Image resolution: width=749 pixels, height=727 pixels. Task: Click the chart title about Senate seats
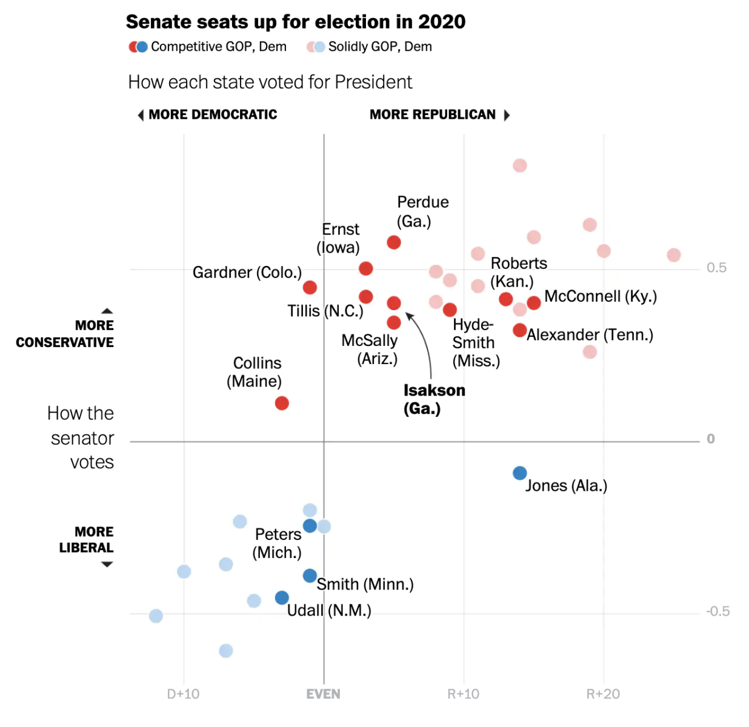(x=296, y=22)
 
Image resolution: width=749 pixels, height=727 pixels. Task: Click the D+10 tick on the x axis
(x=183, y=694)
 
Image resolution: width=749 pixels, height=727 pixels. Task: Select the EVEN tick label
(x=323, y=694)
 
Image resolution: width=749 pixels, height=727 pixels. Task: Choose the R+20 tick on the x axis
(x=603, y=694)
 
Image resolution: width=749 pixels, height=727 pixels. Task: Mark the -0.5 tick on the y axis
(x=717, y=611)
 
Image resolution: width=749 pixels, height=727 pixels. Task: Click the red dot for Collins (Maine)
(x=282, y=403)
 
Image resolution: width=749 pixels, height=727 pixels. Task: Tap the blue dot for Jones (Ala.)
(x=519, y=473)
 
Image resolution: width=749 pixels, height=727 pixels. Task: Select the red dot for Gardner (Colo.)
(x=310, y=287)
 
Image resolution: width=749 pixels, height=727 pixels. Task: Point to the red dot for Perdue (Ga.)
(x=394, y=242)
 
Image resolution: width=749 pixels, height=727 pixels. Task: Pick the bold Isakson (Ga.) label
(x=434, y=399)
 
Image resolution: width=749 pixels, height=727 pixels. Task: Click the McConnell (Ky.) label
(x=600, y=296)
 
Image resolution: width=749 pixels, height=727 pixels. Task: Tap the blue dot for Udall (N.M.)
(x=282, y=598)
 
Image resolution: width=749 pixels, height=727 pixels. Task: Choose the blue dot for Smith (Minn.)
(x=310, y=576)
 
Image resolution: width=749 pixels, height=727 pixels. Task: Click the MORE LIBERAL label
(x=86, y=540)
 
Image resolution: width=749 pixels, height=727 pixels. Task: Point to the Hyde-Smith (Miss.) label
(x=476, y=343)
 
